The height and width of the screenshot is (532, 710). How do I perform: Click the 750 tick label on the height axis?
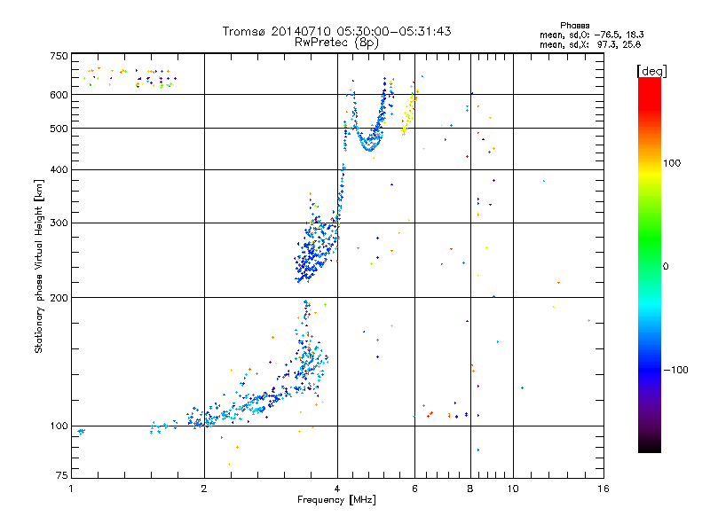(59, 56)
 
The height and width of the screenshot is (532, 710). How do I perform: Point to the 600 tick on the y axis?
(59, 94)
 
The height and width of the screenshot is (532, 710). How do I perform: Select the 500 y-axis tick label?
(59, 128)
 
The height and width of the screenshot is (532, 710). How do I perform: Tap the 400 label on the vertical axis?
(59, 169)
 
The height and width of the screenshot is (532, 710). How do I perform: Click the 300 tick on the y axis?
(59, 223)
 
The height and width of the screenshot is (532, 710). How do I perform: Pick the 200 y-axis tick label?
(59, 297)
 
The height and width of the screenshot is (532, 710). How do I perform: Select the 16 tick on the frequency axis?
(603, 489)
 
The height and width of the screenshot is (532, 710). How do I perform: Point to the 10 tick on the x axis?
(512, 489)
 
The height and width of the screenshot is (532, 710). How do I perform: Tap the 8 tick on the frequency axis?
(470, 489)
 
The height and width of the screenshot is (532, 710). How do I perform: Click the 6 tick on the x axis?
(414, 489)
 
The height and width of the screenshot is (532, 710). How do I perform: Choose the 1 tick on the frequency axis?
(71, 489)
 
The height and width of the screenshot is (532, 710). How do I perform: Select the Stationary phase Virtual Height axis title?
(39, 267)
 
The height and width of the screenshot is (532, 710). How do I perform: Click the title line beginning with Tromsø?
(336, 31)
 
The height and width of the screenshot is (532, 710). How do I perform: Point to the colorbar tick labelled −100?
(678, 370)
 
